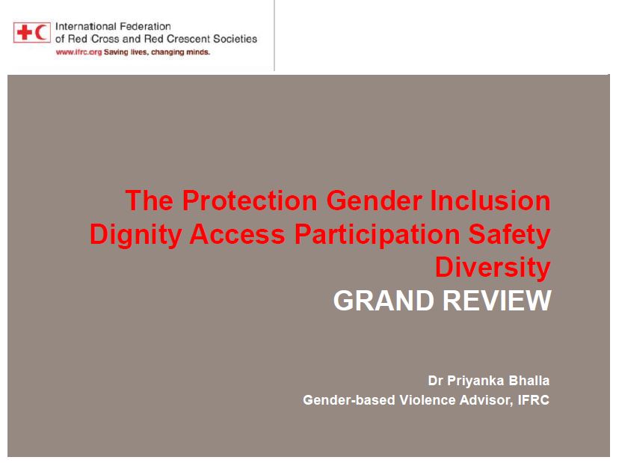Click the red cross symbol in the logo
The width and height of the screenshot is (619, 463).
tap(25, 32)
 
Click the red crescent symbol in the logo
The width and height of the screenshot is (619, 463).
tap(41, 32)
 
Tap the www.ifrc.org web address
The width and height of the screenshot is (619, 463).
tap(79, 52)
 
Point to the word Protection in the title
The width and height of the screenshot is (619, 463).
tap(250, 200)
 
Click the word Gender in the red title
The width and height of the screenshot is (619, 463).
tap(375, 200)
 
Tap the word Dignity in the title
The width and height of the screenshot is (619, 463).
tap(135, 235)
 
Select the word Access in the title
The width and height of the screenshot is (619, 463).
tap(237, 234)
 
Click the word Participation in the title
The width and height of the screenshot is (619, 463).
tap(377, 235)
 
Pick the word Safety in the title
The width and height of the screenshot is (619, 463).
tap(509, 235)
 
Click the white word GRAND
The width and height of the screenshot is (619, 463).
tap(384, 301)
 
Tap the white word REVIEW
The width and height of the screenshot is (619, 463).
tap(497, 301)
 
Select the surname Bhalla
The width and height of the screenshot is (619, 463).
tap(529, 381)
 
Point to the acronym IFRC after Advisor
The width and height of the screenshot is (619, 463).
tap(533, 399)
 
